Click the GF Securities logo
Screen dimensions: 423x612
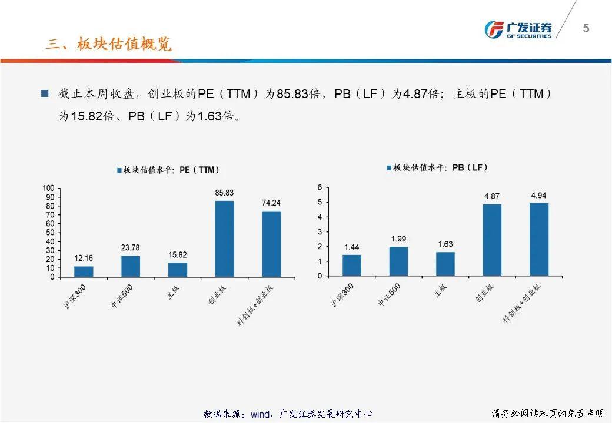pyautogui.click(x=518, y=29)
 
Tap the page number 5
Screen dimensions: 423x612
pyautogui.click(x=586, y=28)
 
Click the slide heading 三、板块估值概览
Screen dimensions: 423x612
pyautogui.click(x=109, y=44)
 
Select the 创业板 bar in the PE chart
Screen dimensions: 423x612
pyautogui.click(x=224, y=239)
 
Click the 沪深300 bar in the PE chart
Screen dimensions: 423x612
pyautogui.click(x=84, y=271)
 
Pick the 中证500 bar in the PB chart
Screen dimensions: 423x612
pyautogui.click(x=398, y=261)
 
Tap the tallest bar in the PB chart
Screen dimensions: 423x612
pyautogui.click(x=539, y=239)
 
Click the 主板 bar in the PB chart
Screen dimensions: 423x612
pyautogui.click(x=445, y=264)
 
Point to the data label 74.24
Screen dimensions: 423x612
pyautogui.click(x=271, y=203)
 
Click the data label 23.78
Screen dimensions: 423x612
pyautogui.click(x=131, y=247)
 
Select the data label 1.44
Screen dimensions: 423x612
pyautogui.click(x=352, y=246)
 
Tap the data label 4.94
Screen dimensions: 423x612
pyautogui.click(x=539, y=195)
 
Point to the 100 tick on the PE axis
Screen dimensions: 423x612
pyautogui.click(x=48, y=188)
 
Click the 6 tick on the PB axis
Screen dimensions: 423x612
pyautogui.click(x=320, y=187)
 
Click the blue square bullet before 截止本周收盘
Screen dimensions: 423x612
pyautogui.click(x=45, y=93)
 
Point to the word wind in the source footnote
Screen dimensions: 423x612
pyautogui.click(x=260, y=414)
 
